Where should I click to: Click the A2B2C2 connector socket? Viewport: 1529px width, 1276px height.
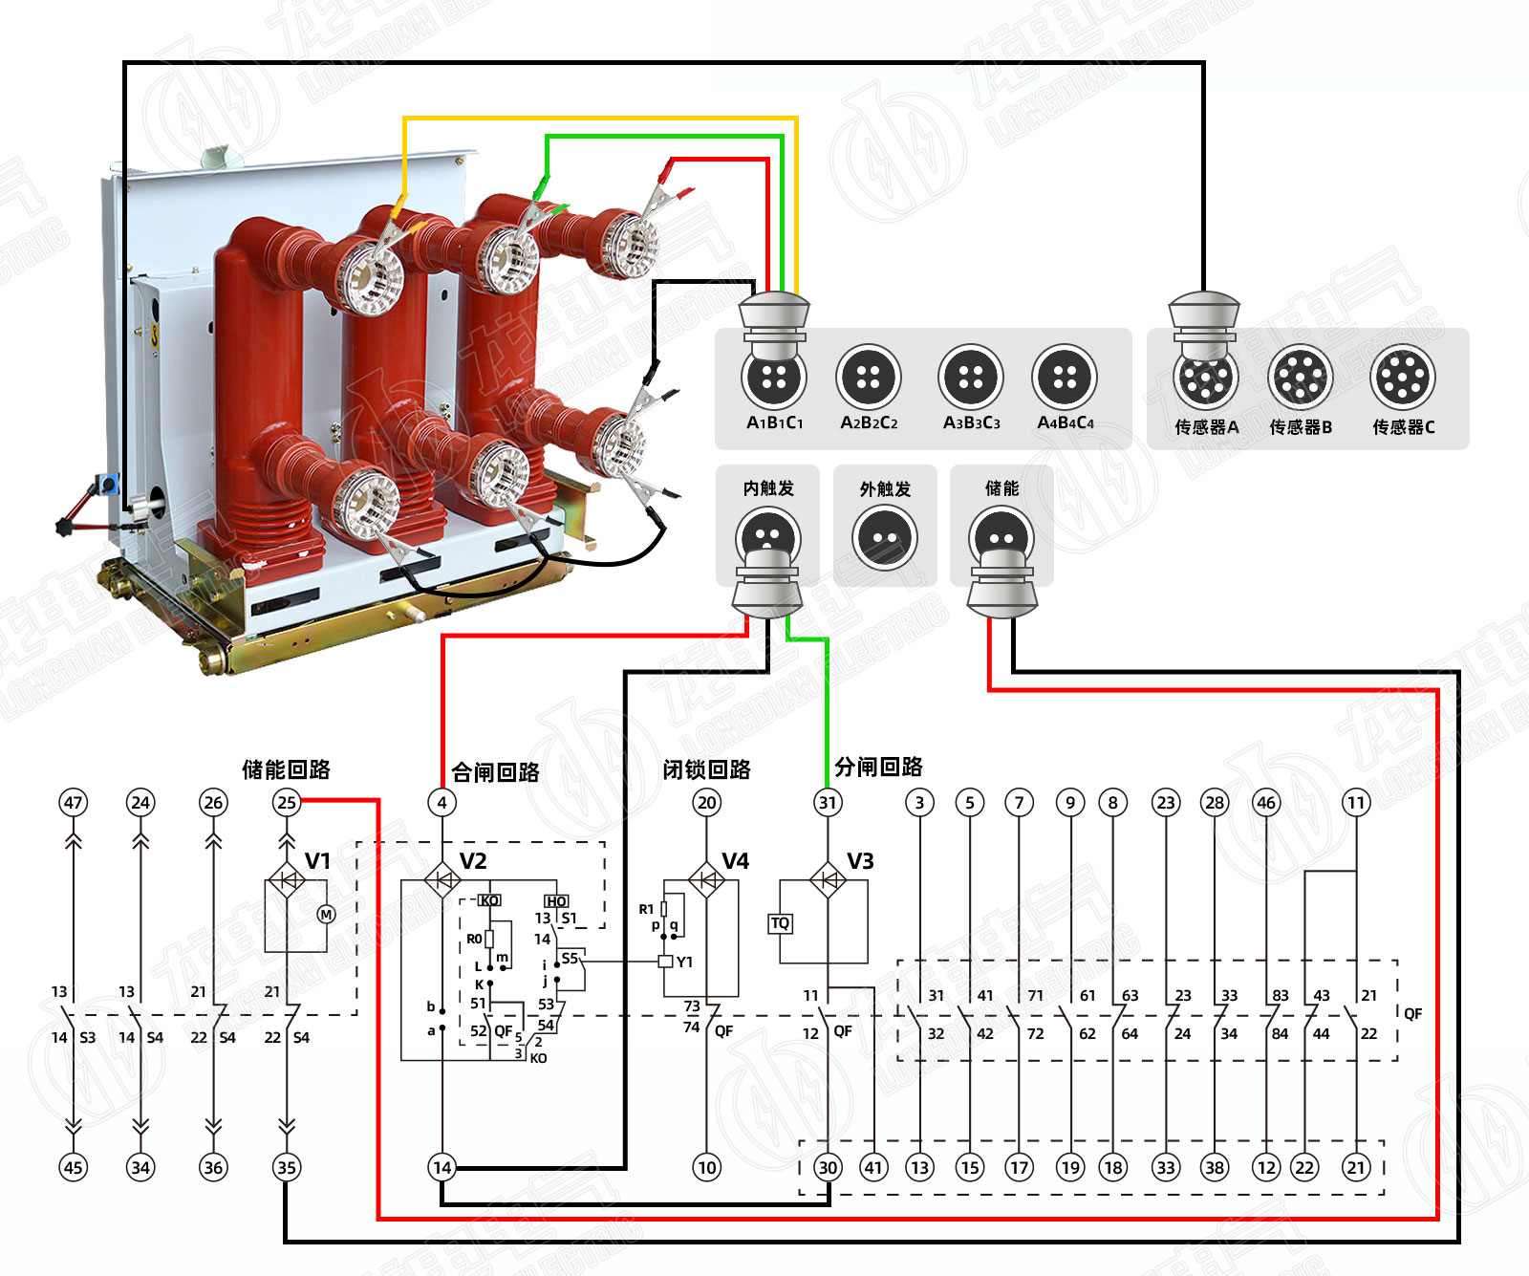(x=869, y=377)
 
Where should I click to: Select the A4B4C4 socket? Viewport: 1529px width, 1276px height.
(x=1065, y=377)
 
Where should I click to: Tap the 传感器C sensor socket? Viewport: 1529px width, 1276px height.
(x=1402, y=377)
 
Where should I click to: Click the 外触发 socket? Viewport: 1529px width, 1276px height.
(x=885, y=537)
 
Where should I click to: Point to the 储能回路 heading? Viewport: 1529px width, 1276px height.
(x=286, y=769)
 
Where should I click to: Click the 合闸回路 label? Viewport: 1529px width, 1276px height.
(x=495, y=772)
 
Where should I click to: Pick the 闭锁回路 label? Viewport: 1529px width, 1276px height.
(x=706, y=769)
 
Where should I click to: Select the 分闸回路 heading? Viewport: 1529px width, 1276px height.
(x=878, y=767)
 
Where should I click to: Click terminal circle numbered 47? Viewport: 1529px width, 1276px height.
(x=73, y=803)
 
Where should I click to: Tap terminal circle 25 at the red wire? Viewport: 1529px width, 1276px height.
(x=286, y=803)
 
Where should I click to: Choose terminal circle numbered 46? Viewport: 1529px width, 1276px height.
(x=1266, y=803)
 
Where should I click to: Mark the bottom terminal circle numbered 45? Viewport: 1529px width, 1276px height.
(x=73, y=1167)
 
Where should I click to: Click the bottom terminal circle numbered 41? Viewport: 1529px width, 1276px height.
(x=873, y=1167)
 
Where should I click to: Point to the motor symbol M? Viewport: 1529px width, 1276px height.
(x=326, y=915)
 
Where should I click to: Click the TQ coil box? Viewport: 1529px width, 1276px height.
(x=780, y=923)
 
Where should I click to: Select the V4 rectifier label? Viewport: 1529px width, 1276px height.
(x=735, y=861)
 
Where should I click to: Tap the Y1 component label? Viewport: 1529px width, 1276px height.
(x=684, y=962)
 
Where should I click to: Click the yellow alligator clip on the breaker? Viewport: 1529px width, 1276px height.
(x=398, y=210)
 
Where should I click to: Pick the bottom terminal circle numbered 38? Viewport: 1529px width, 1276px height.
(x=1215, y=1167)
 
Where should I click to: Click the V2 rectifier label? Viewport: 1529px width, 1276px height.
(x=473, y=861)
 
